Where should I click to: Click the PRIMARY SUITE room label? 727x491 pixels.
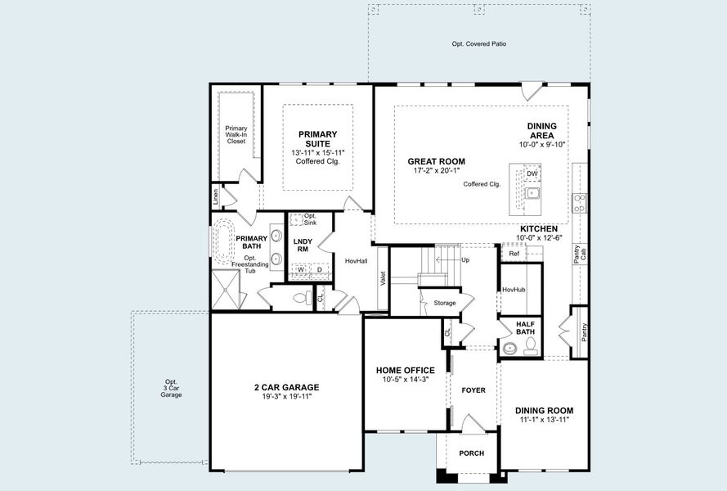317,139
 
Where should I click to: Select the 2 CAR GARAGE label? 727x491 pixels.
286,387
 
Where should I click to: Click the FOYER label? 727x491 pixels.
473,390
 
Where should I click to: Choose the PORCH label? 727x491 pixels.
471,453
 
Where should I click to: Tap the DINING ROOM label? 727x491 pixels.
544,411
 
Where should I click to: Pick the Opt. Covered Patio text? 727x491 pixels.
479,43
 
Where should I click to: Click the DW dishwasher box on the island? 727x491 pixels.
532,173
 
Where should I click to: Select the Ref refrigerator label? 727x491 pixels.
514,254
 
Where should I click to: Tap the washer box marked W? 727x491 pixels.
300,269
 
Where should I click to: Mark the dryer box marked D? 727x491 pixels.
320,269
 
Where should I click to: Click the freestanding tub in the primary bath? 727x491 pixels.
222,241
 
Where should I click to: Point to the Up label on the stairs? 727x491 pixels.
465,260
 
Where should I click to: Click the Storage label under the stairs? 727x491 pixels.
445,303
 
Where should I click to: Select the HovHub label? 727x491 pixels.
514,289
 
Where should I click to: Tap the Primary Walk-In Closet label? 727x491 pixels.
236,134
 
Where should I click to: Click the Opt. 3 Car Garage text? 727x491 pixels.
171,388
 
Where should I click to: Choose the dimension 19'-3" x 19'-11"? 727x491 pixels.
286,396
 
